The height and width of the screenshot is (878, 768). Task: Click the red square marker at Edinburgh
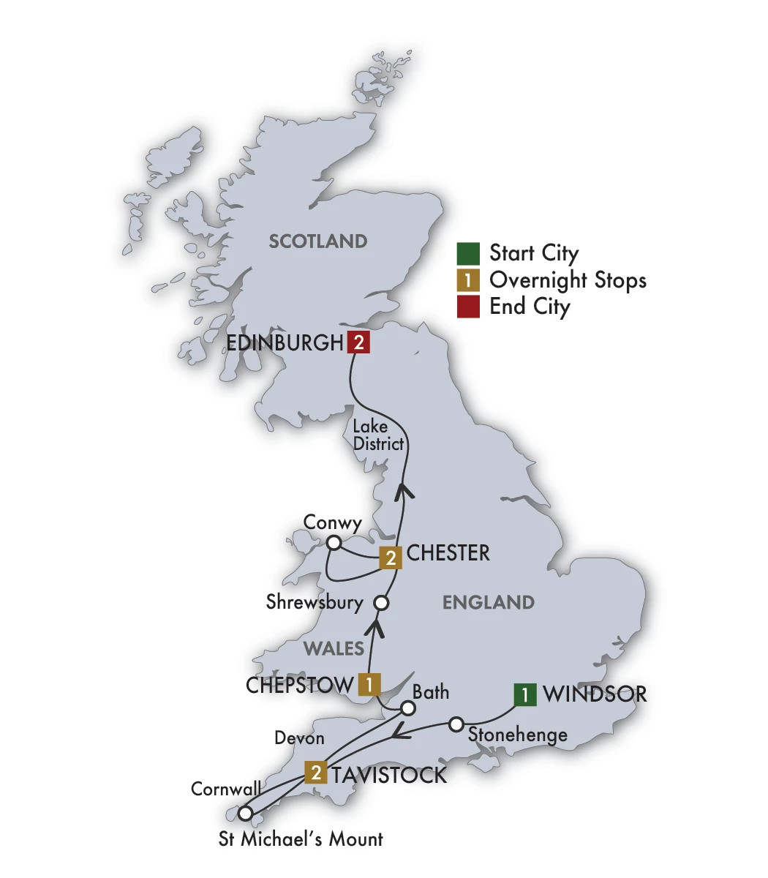click(358, 342)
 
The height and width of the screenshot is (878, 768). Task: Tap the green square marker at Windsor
click(524, 694)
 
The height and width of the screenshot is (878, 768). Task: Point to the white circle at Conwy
click(334, 543)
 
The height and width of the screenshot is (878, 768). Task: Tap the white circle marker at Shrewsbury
click(380, 604)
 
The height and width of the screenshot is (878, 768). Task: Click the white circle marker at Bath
click(408, 708)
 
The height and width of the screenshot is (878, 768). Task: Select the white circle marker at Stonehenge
click(456, 724)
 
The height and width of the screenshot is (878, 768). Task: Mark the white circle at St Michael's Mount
click(246, 813)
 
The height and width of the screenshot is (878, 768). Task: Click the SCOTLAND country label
click(317, 241)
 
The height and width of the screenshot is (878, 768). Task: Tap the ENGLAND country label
click(488, 603)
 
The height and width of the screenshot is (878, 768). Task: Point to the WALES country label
click(334, 648)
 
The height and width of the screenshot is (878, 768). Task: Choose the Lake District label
click(377, 435)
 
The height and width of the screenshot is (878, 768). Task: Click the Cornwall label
click(226, 789)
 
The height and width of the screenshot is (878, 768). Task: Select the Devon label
click(299, 738)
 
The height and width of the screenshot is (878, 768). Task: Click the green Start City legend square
click(468, 253)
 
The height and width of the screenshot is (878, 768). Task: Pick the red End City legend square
click(468, 307)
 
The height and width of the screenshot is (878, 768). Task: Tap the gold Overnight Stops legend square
click(468, 280)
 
